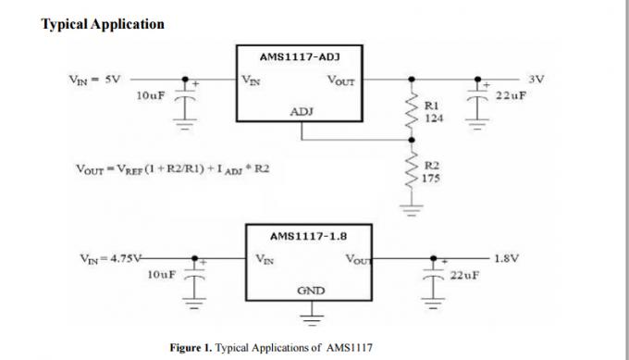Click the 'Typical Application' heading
[103, 23]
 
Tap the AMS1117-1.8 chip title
[307, 236]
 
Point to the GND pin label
[310, 291]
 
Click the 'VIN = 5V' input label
[95, 80]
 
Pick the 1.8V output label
[506, 258]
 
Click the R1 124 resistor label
[432, 112]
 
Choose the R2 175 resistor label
[432, 173]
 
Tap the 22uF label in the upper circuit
[511, 96]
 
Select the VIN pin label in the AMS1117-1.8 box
[264, 259]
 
